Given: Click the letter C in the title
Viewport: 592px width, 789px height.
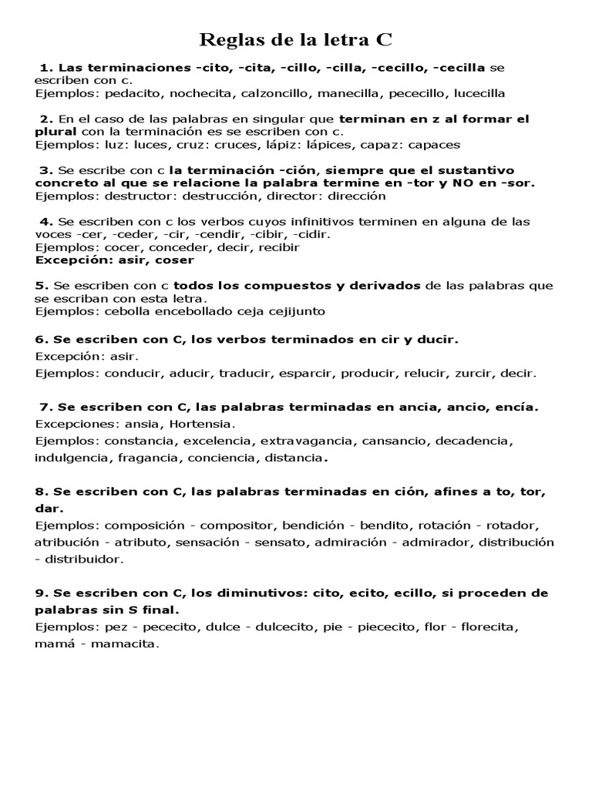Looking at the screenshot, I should (384, 39).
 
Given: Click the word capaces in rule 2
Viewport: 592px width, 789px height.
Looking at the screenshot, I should (434, 144).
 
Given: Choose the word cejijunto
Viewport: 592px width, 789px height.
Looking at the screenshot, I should (295, 311).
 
